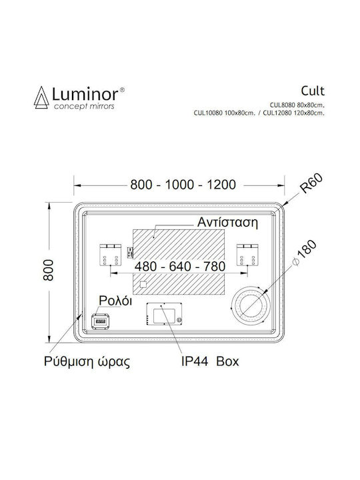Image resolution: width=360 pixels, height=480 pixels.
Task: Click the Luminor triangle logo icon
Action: tap(41, 97)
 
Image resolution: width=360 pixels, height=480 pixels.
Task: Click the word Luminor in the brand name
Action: tap(85, 94)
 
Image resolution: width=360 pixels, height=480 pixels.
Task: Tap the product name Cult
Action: tap(312, 91)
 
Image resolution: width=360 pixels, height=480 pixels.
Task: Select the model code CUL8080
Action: tap(282, 105)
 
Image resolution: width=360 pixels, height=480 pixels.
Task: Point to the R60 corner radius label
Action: tap(311, 183)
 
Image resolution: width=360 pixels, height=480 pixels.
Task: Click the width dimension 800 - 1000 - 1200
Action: tap(183, 185)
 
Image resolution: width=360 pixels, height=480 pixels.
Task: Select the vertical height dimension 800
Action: tap(49, 270)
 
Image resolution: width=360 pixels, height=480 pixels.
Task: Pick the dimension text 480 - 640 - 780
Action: tap(180, 266)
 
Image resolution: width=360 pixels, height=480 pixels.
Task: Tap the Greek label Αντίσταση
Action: tap(227, 222)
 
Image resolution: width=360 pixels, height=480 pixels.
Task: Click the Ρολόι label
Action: tap(115, 301)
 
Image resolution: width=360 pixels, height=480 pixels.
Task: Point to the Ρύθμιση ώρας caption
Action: tap(87, 361)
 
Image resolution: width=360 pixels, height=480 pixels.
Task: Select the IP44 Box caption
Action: tap(210, 361)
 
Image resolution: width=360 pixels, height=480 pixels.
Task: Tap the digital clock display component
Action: tap(101, 322)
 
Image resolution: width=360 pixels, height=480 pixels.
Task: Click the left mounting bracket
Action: tap(111, 255)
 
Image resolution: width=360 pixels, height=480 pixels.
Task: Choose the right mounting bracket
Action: tap(247, 255)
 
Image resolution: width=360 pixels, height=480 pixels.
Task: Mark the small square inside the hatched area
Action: tap(143, 285)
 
